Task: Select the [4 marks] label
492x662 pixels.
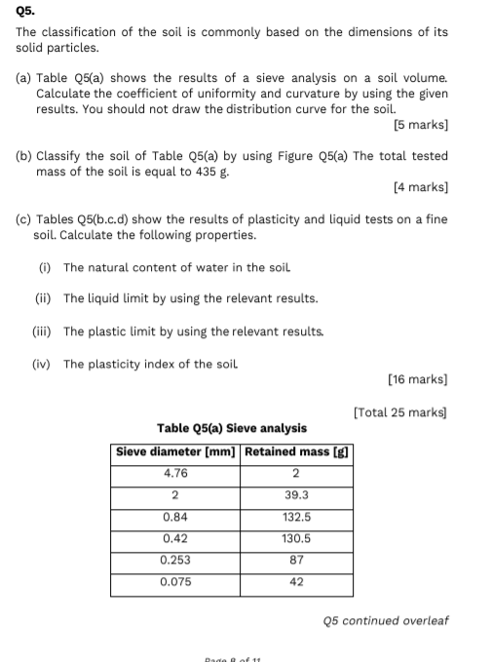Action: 420,187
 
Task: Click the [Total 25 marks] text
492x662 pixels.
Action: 400,412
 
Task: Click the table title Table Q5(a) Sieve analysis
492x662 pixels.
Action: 232,428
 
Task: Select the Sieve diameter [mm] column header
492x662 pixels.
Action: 174,451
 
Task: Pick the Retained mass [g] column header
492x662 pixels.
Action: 296,451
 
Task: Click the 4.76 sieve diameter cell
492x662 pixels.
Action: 175,474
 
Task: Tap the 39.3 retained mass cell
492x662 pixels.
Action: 296,495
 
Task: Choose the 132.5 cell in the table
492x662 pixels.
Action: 296,517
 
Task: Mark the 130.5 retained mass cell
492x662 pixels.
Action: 296,538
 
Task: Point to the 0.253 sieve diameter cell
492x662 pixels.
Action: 175,560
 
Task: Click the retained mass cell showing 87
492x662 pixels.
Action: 296,560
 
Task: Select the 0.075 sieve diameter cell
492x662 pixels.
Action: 175,582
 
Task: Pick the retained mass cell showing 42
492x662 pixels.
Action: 296,582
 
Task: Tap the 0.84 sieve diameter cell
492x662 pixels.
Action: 175,517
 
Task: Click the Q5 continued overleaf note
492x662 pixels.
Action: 385,620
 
